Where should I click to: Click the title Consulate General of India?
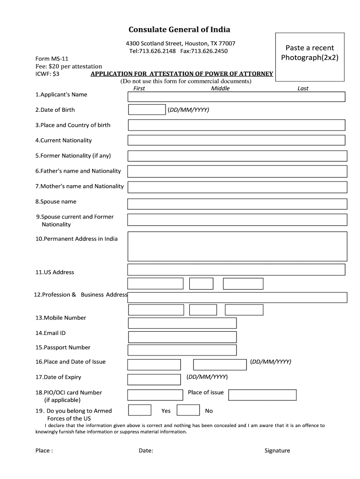tap(180, 29)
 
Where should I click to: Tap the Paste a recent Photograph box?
tap(310, 53)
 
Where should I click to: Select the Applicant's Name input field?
tap(236, 97)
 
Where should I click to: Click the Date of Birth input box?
tap(146, 110)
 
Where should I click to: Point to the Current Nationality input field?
tap(236, 140)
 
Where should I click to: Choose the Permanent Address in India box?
tap(237, 246)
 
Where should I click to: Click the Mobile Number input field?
tap(182, 323)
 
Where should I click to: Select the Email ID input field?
tap(182, 337)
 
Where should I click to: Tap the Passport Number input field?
tap(182, 350)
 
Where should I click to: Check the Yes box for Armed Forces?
tap(139, 410)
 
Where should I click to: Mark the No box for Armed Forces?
tap(188, 410)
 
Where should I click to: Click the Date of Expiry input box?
tap(154, 379)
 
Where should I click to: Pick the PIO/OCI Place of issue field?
tap(262, 395)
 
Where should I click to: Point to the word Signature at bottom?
tap(277, 451)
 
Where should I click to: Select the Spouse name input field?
tap(237, 204)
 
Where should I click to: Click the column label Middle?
tap(220, 88)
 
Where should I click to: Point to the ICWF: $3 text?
tap(48, 73)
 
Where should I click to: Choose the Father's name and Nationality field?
tap(237, 171)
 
